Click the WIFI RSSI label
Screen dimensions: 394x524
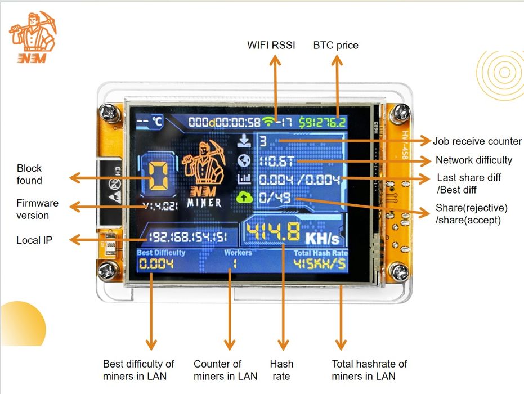click(x=271, y=45)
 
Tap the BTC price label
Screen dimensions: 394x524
click(x=335, y=45)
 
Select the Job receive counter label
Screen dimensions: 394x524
click(x=477, y=141)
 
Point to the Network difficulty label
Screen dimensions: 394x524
click(x=474, y=160)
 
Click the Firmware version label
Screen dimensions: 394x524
click(x=37, y=209)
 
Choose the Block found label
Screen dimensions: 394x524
click(x=29, y=174)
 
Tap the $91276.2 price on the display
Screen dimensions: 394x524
click(x=323, y=122)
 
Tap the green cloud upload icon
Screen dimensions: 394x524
click(x=244, y=196)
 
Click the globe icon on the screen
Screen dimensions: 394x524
click(x=244, y=161)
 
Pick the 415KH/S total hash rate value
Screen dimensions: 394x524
click(x=320, y=263)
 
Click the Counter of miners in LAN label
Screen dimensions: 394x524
click(x=225, y=370)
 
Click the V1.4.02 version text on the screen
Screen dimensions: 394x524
click(x=160, y=206)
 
